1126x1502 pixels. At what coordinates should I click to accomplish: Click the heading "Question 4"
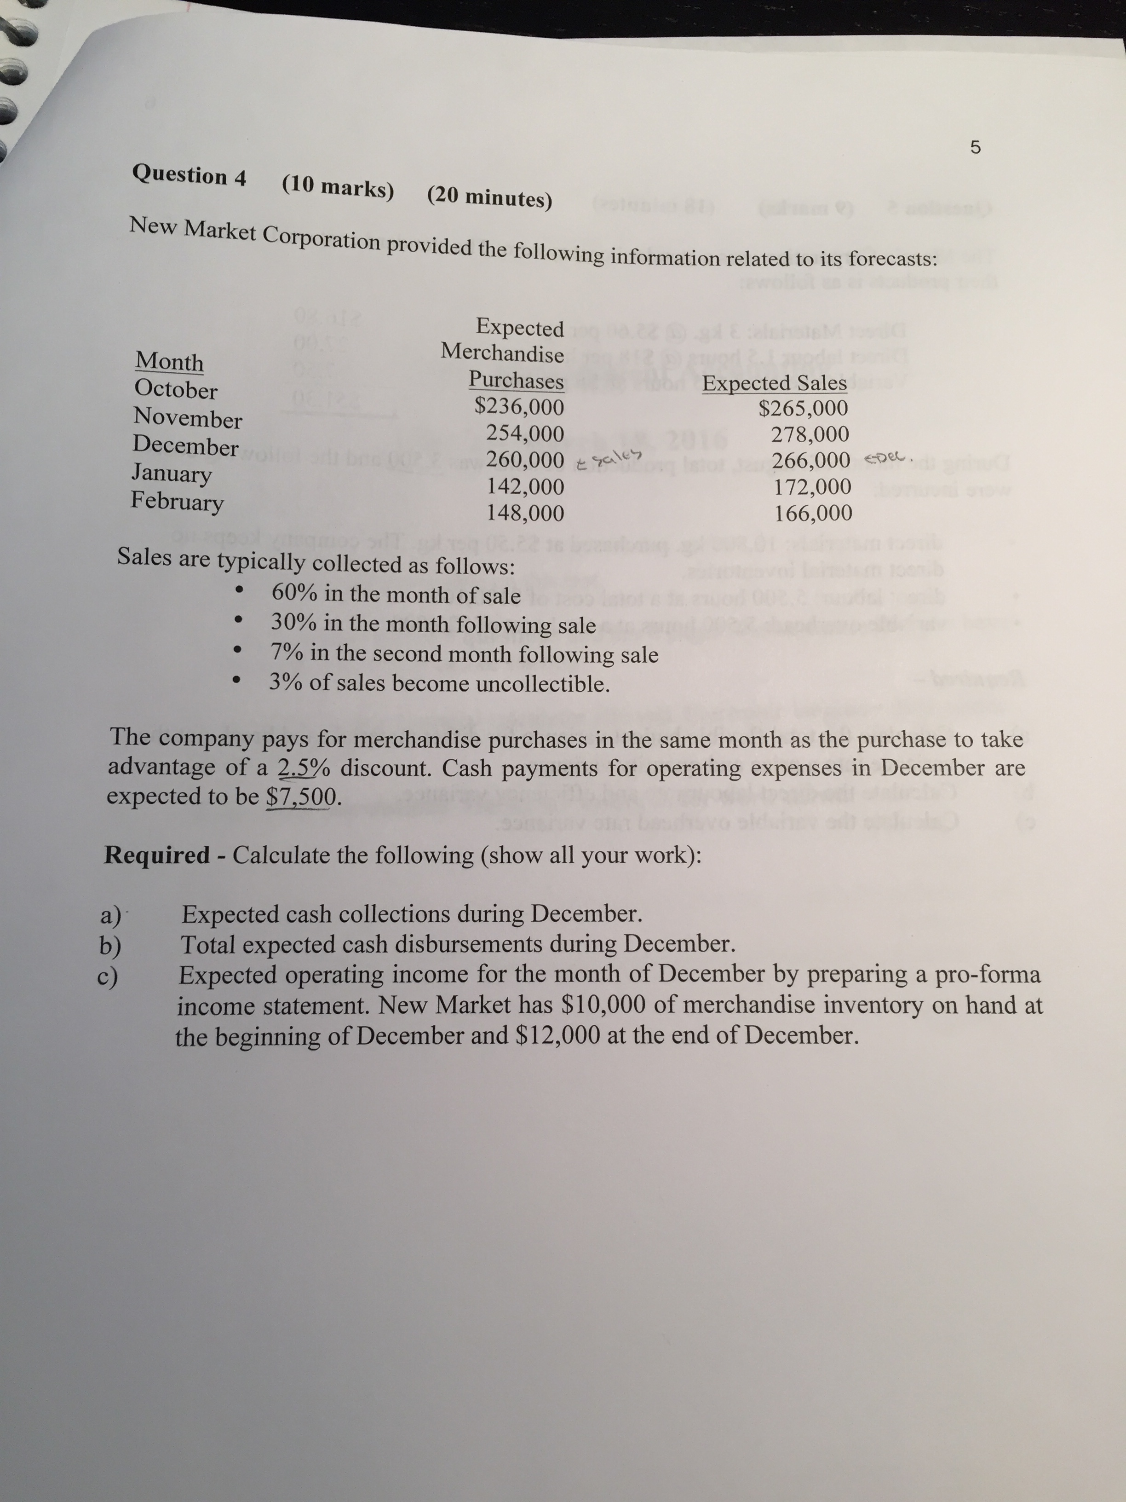[190, 175]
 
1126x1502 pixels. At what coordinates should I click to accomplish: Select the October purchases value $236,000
[518, 407]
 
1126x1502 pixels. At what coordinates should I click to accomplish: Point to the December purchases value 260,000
[525, 460]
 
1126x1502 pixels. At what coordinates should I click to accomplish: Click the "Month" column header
[169, 361]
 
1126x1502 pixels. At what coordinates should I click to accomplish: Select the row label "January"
[171, 473]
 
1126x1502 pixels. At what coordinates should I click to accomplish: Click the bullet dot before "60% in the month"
[237, 591]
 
